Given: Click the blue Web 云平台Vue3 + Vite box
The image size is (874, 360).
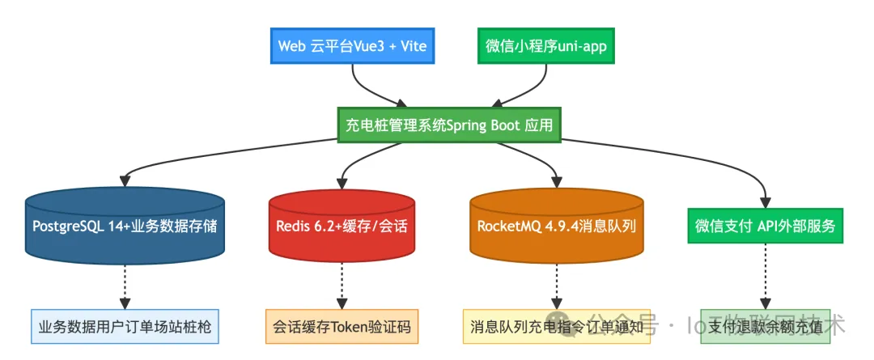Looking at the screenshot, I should (352, 45).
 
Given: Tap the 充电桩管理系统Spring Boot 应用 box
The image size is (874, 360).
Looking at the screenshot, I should (449, 126).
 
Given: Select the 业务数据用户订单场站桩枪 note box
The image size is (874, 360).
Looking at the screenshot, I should (125, 327).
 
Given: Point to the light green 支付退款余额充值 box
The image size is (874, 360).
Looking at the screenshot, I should (766, 327).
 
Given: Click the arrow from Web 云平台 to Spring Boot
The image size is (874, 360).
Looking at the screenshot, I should (368, 87).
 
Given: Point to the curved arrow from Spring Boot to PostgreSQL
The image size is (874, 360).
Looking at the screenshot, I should (202, 154).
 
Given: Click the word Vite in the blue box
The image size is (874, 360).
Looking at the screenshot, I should (412, 45).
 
